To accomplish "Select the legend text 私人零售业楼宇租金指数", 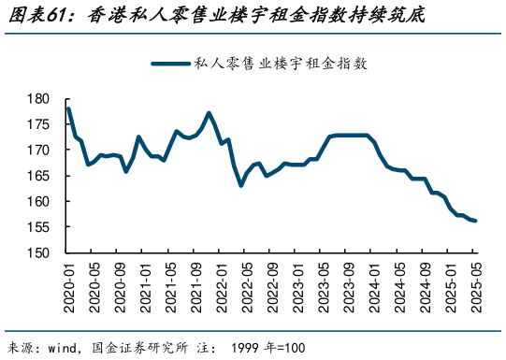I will pyautogui.click(x=280, y=64).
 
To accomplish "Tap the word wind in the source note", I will pyautogui.click(x=65, y=347).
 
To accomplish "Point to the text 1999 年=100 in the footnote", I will pyautogui.click(x=269, y=347).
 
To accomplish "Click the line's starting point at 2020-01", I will pyautogui.click(x=68, y=108).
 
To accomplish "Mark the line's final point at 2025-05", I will pyautogui.click(x=475, y=221).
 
